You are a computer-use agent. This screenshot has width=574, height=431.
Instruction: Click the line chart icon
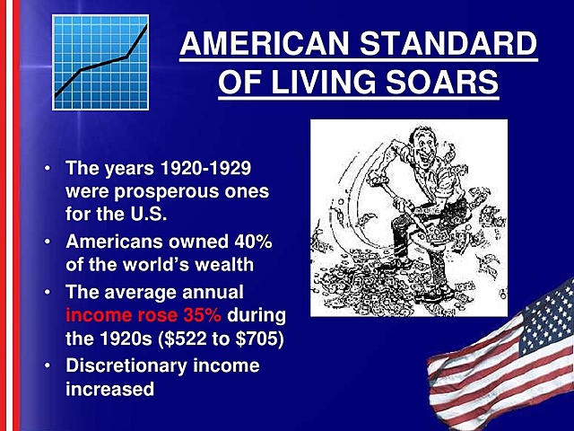point(100,61)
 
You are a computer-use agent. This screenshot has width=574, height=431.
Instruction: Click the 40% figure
point(252,243)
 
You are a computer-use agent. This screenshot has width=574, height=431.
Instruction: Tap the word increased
point(109,389)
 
